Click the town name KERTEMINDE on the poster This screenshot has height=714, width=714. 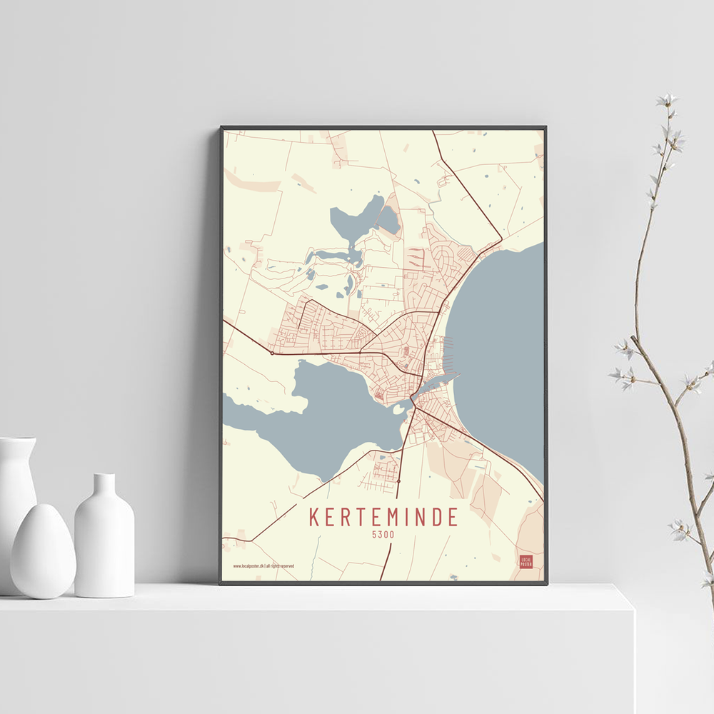[383, 517]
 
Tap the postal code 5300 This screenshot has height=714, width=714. [383, 535]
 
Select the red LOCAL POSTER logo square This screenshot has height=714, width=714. [526, 561]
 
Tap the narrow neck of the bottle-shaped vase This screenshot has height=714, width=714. [104, 486]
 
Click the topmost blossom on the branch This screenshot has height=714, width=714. [667, 99]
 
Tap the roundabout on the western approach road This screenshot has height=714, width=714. [272, 353]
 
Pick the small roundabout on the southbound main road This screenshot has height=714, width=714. [398, 482]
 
